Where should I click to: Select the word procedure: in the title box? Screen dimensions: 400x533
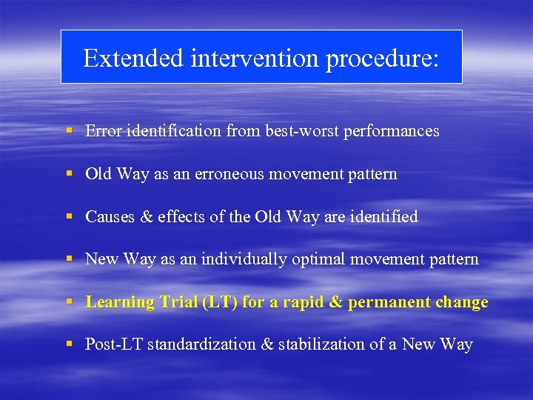[382, 58]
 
